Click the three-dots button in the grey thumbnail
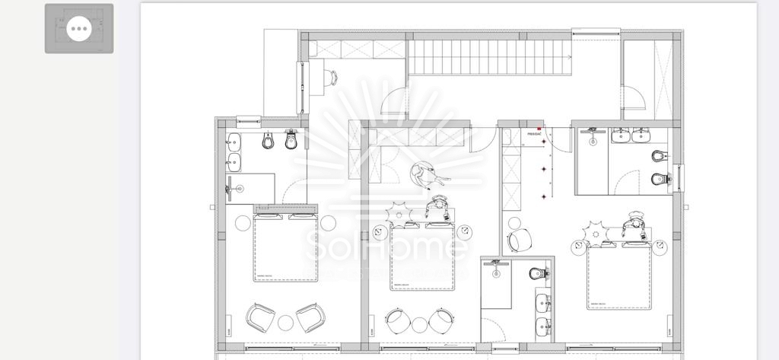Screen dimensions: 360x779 point(79,30)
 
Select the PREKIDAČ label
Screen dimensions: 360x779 point(534,134)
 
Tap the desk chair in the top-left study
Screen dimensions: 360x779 point(332,76)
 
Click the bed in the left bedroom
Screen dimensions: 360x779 point(285,248)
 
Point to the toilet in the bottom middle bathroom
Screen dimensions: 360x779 point(537,272)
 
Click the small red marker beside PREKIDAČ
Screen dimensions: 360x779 point(539,129)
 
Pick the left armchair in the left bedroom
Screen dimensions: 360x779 point(259,317)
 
